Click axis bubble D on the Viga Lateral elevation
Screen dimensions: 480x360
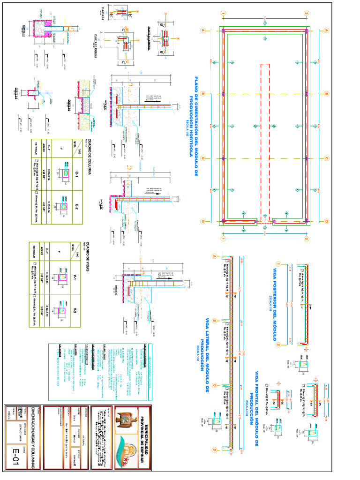(x=214, y=450)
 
